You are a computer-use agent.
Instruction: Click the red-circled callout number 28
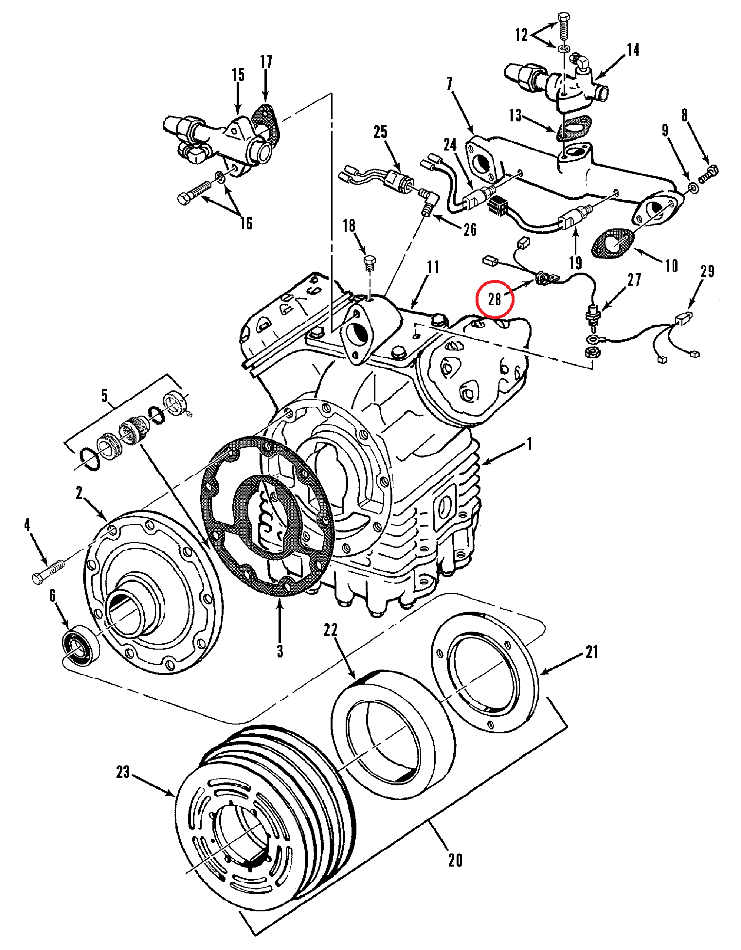click(x=494, y=299)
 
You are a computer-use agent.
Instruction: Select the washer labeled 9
click(x=694, y=188)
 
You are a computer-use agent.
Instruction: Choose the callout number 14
click(x=633, y=50)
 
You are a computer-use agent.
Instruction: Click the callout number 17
click(x=266, y=61)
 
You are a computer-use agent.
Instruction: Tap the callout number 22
click(x=330, y=629)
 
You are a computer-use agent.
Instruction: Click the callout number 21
click(x=592, y=652)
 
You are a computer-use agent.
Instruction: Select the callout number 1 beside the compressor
click(x=529, y=444)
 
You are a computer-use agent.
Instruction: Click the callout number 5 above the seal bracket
click(x=104, y=396)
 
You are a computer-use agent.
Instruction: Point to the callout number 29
click(x=708, y=271)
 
